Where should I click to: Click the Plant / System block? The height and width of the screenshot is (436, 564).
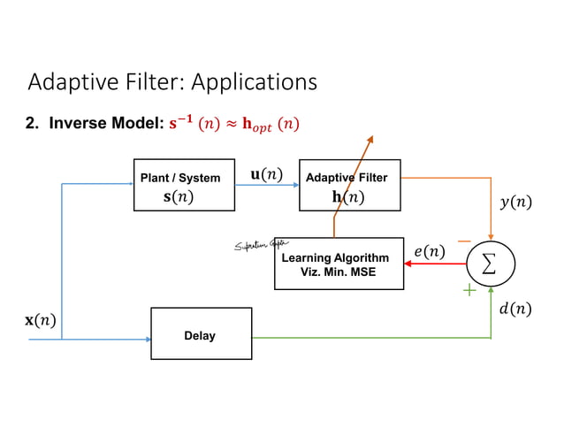coord(184,186)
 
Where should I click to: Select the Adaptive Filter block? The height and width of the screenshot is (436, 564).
coord(349,186)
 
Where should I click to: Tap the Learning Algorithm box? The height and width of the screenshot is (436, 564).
coord(339,264)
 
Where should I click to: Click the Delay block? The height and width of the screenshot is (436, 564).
coord(201,333)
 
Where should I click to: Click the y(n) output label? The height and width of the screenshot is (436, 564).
coord(515,203)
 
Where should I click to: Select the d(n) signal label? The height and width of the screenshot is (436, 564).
coord(515,309)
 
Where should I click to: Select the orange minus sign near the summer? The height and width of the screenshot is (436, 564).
coord(464,241)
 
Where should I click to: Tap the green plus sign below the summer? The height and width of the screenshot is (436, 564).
coord(469,290)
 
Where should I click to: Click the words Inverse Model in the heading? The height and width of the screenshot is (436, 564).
coord(105,124)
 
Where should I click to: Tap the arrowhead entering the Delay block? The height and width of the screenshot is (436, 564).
coord(147,338)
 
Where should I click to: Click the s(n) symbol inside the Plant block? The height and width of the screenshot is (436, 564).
coord(178,196)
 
